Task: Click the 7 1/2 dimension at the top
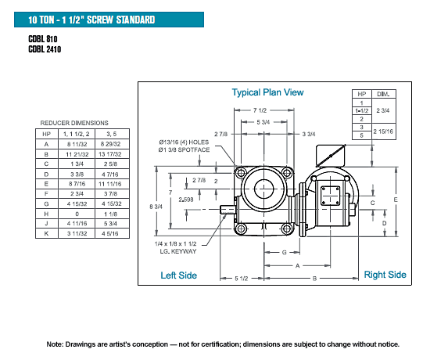coord(260,110)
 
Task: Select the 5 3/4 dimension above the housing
coord(263,122)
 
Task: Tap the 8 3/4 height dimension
coord(156,207)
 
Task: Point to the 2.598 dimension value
coord(186,200)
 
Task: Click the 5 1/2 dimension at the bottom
coord(242,279)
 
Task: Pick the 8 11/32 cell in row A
coord(77,144)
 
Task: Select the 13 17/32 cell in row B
coord(110,154)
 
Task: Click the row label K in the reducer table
coord(46,234)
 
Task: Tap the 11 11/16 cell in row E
coord(110,184)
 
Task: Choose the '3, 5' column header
coord(112,134)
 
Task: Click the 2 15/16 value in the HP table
coord(383,131)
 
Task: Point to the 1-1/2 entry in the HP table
coord(362,110)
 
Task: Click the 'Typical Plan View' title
coord(267,92)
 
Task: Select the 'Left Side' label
coord(178,275)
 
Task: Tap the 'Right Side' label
coord(385,275)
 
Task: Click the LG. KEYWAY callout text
coord(178,252)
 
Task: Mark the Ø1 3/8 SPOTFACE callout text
coord(184,149)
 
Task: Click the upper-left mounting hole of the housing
coord(241,173)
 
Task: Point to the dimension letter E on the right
coord(396,200)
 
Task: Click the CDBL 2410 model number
coord(45,49)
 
